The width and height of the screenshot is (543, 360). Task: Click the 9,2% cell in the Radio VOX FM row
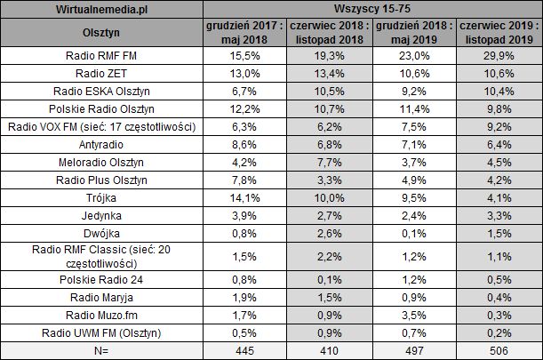pyautogui.click(x=501, y=126)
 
